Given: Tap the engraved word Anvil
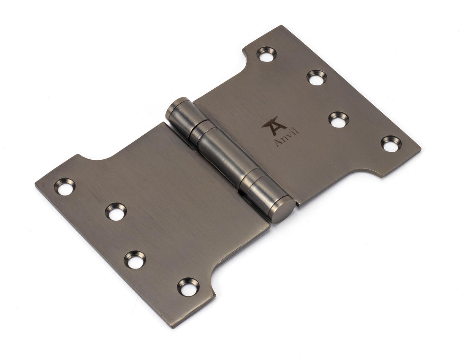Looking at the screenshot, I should click(286, 138).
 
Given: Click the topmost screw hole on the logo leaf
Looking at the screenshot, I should click(267, 54).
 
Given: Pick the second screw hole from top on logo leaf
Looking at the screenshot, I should click(316, 77).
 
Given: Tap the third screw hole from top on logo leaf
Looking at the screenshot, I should click(338, 119).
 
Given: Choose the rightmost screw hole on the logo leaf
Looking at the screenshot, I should click(391, 144).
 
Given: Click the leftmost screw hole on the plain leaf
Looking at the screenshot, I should click(65, 187).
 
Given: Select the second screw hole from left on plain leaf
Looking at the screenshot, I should click(115, 212).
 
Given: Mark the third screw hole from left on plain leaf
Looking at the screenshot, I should click(135, 260).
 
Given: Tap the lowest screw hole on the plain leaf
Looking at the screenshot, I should click(188, 287).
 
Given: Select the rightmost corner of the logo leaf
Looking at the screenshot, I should click(420, 149).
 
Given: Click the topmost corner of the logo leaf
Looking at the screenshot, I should click(282, 26).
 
